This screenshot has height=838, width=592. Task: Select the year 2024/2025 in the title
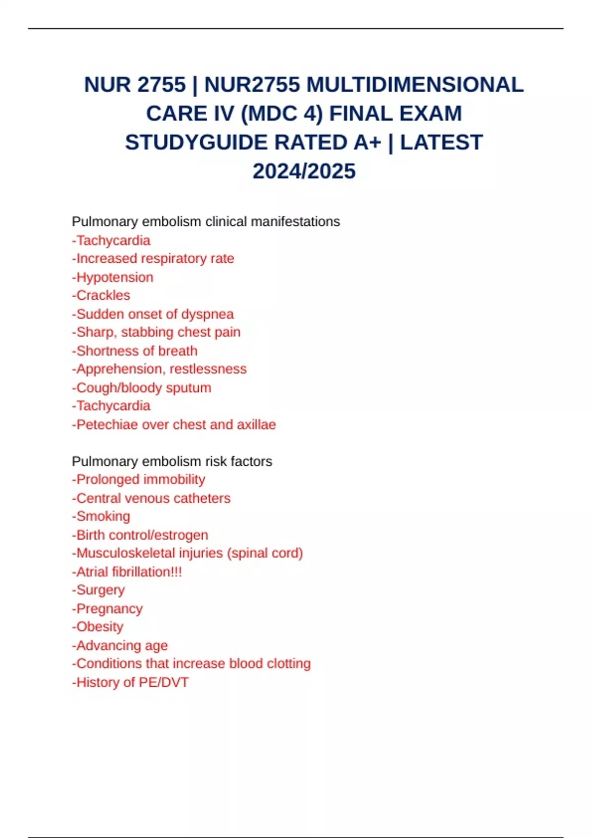[x=304, y=172]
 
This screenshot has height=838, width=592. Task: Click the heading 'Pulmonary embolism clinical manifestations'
[x=206, y=222]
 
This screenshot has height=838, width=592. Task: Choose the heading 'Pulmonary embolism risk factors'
[x=172, y=461]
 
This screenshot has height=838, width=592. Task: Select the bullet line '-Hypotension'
[x=112, y=277]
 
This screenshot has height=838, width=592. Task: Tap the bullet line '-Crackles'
[x=101, y=295]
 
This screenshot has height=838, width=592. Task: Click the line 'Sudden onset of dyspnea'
[x=153, y=314]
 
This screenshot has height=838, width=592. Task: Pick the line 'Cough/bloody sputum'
[x=142, y=388]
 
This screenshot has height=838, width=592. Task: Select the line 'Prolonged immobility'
[x=139, y=480]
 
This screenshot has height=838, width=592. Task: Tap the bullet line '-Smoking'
[x=101, y=516]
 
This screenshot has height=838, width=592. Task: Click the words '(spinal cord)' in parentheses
[x=265, y=553]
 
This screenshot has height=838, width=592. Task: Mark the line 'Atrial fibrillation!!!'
[x=127, y=572]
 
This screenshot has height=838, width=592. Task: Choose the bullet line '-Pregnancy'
[x=107, y=609]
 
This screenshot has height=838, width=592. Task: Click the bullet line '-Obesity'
[x=98, y=627]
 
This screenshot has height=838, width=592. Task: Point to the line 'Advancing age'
[x=120, y=645]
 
